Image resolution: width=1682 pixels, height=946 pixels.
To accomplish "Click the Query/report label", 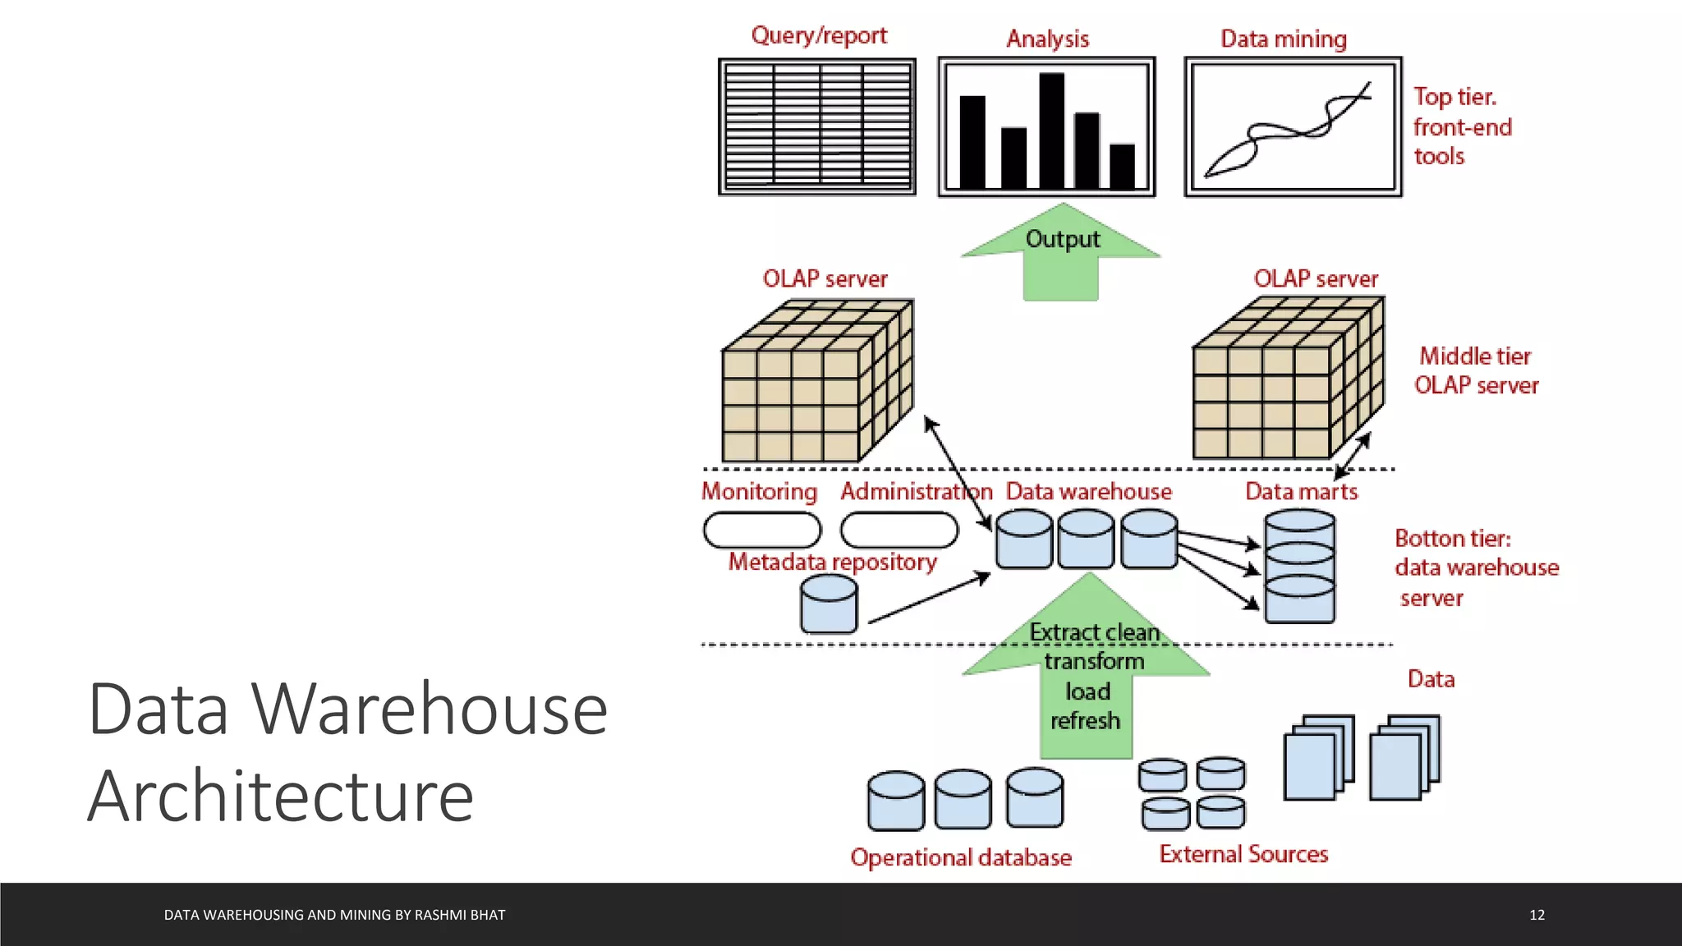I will [x=819, y=35].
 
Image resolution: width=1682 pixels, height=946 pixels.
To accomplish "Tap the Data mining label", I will [x=1283, y=39].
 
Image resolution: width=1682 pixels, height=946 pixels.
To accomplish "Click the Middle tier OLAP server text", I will [x=1476, y=370].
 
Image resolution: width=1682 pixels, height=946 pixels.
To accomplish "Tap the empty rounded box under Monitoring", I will [x=761, y=530].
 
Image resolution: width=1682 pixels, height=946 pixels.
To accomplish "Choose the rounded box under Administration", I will [x=898, y=530].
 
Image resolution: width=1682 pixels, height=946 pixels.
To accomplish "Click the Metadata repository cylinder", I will [x=829, y=604].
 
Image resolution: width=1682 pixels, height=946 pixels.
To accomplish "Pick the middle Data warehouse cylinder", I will [x=1086, y=540].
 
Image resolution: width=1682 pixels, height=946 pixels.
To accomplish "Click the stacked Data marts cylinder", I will [x=1299, y=567].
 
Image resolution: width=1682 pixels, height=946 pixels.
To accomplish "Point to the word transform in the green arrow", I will [x=1093, y=661].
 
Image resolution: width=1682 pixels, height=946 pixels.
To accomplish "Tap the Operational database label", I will [x=961, y=857].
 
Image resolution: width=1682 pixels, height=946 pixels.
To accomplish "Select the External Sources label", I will [x=1243, y=854].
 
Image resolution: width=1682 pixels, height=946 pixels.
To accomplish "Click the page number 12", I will [x=1537, y=915].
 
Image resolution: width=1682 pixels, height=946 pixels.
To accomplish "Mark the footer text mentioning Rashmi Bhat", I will [x=334, y=915].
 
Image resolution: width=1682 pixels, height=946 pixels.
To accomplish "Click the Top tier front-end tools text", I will [x=1461, y=126].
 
